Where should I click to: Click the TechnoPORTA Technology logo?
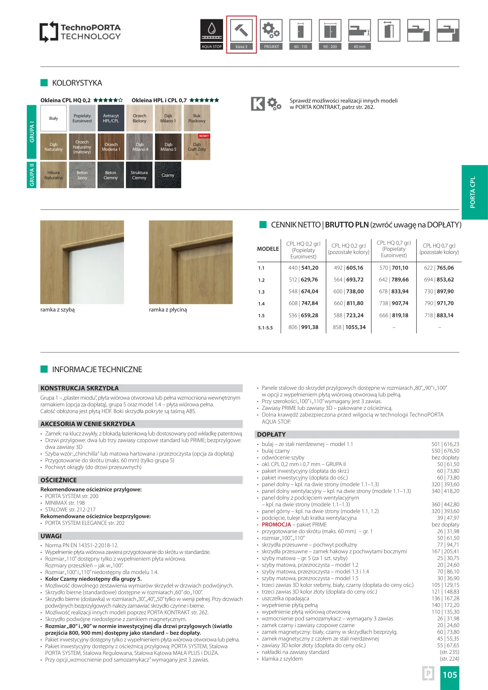tap(80, 32)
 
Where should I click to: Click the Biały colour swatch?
tap(54, 118)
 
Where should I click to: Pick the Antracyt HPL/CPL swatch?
tap(111, 118)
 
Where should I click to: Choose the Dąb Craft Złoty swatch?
tap(197, 147)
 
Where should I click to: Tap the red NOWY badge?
tap(204, 136)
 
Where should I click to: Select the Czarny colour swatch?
tap(168, 175)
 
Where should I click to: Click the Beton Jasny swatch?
tap(82, 175)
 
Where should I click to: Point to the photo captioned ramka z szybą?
tap(82, 262)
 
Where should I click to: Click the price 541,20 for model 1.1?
tap(310, 268)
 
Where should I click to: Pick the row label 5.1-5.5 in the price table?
tap(265, 328)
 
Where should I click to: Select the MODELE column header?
tap(268, 249)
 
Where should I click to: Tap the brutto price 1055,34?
tap(355, 327)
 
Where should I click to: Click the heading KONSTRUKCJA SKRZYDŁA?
tap(80, 388)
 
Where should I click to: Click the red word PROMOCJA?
tap(276, 525)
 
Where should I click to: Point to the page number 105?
tap(450, 675)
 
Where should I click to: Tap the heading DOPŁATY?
tap(271, 434)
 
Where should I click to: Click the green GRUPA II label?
tap(32, 175)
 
